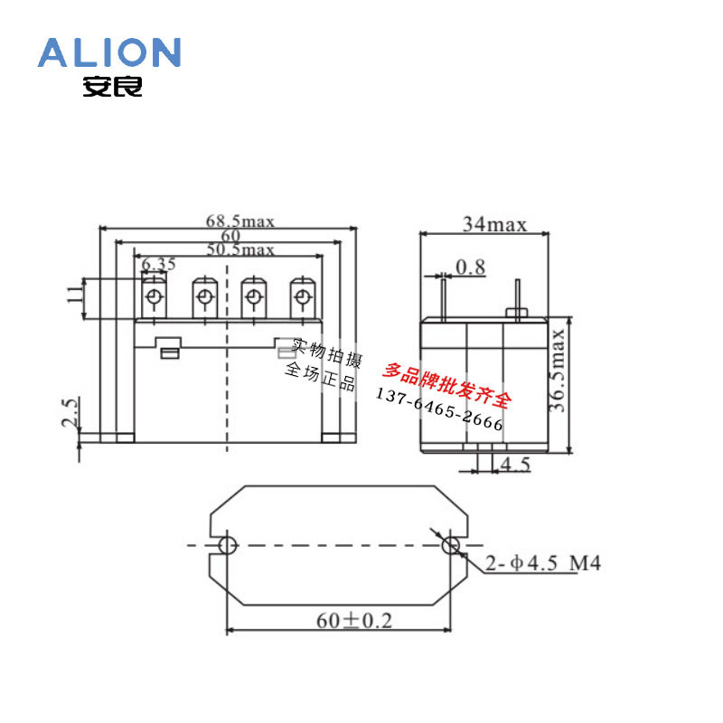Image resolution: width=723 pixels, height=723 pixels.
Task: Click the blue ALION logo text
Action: tap(109, 52)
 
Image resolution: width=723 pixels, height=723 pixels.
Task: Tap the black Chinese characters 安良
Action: tap(112, 86)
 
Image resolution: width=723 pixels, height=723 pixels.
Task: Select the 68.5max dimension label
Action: tap(240, 221)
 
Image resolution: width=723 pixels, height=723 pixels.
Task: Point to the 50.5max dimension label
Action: tap(240, 249)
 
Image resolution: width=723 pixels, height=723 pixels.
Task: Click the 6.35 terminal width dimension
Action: tap(158, 264)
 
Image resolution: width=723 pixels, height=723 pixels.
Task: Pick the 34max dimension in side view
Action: tap(494, 224)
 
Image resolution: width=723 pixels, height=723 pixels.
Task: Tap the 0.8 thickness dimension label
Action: tap(470, 267)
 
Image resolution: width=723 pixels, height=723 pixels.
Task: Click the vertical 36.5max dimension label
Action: tap(557, 371)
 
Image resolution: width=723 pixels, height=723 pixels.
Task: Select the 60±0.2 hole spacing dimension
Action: tap(354, 621)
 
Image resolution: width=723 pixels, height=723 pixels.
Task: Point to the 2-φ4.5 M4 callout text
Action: tap(543, 563)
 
